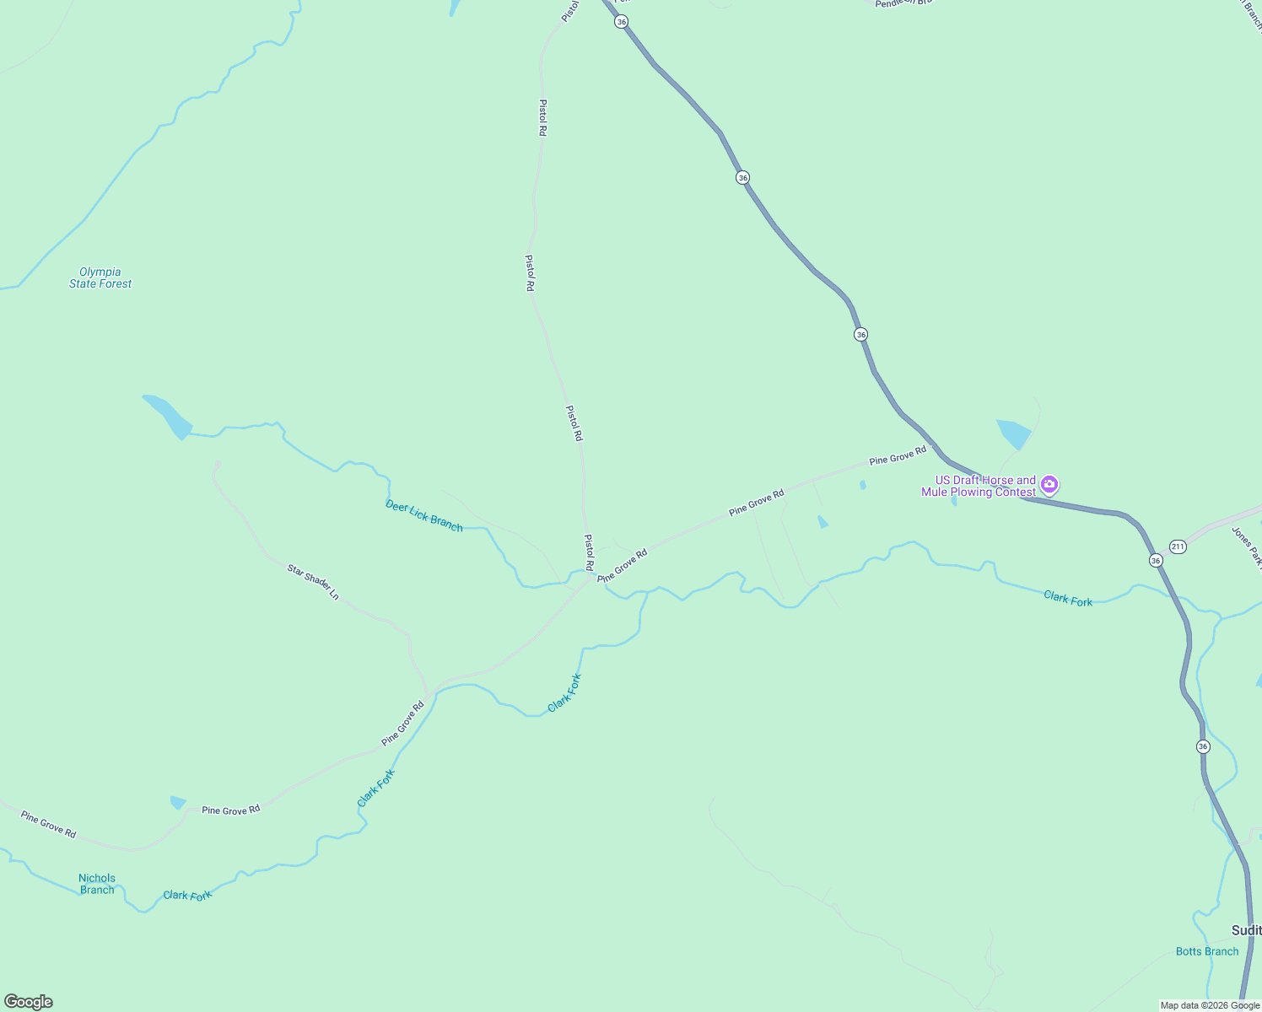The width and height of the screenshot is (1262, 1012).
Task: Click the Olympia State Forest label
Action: [x=100, y=277]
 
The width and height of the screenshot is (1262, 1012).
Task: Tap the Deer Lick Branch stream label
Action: [x=424, y=515]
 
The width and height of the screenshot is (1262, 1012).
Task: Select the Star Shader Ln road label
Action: [x=313, y=582]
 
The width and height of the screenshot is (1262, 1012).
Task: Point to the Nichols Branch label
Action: [x=97, y=884]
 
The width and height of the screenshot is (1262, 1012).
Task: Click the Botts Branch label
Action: [x=1207, y=951]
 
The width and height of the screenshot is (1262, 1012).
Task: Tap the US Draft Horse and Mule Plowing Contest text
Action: [x=979, y=486]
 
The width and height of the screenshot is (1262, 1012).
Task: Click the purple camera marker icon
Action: [x=1049, y=484]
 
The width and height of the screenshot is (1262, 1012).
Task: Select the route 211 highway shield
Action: [x=1178, y=546]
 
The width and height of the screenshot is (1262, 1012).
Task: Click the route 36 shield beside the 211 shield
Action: [x=1156, y=560]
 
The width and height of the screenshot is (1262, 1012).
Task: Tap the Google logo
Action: [x=29, y=1002]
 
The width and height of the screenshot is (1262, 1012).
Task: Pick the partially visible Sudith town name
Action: [x=1246, y=930]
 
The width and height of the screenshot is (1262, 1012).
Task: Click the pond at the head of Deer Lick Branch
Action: [x=169, y=415]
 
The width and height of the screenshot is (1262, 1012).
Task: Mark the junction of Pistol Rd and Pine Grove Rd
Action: [x=591, y=577]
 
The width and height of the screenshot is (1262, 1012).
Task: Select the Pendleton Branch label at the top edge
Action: [x=903, y=3]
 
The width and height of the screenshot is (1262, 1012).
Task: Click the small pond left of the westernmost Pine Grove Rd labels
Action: [x=177, y=802]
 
